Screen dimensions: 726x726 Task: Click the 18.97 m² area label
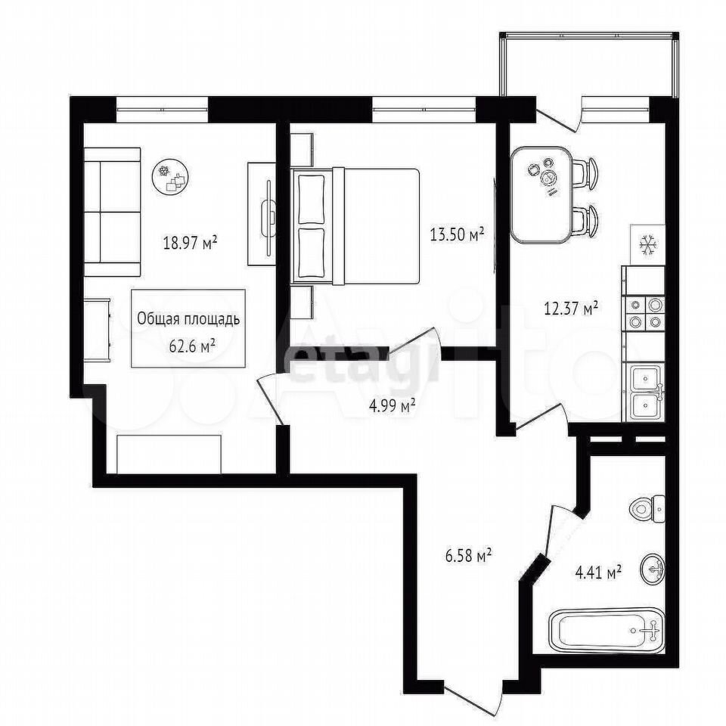(x=191, y=242)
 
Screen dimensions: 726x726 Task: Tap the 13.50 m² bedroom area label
(x=457, y=234)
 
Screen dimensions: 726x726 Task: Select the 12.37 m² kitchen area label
(x=572, y=308)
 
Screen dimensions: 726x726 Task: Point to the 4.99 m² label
(x=391, y=406)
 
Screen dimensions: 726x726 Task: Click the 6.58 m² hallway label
(x=468, y=555)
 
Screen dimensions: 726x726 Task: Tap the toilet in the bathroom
(x=647, y=508)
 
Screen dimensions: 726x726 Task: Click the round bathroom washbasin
(x=653, y=568)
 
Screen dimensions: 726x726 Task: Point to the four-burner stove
(x=645, y=313)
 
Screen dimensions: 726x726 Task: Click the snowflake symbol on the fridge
(x=648, y=244)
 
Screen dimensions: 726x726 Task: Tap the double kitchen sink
(x=645, y=392)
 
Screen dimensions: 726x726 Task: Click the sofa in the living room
(x=112, y=212)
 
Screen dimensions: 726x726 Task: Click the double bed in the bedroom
(x=355, y=226)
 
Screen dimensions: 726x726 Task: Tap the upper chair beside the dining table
(x=585, y=174)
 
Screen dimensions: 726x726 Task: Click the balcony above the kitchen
(x=589, y=64)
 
